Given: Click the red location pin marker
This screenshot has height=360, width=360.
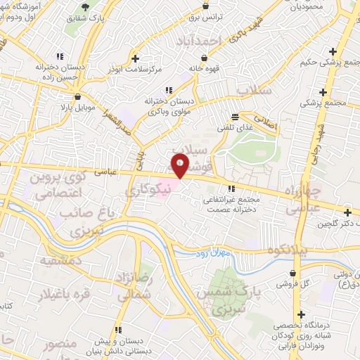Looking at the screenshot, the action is (x=180, y=167).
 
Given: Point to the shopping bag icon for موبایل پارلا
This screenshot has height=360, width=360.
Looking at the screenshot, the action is (x=77, y=98).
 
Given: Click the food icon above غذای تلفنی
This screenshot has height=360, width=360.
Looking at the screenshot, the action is (x=236, y=116).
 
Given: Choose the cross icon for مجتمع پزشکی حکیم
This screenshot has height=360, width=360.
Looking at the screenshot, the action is (x=333, y=53).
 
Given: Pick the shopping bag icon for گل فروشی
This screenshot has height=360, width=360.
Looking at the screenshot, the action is (x=292, y=273).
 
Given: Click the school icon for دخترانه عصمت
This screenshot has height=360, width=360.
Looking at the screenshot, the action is (x=231, y=188).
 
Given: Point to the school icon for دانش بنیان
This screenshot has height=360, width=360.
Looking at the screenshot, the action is (x=118, y=329).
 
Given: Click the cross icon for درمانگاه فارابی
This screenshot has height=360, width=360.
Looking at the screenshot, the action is (x=302, y=314).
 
